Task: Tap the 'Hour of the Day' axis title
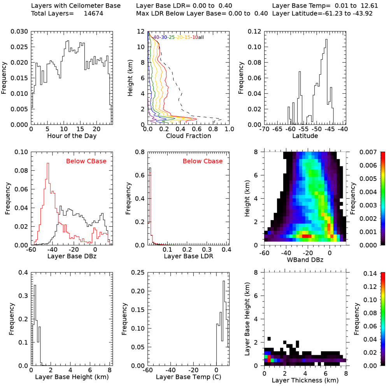72,136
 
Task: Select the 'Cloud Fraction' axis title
188,136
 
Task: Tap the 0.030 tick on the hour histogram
19,32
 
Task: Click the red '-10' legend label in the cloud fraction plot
195,37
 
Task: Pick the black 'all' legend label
202,37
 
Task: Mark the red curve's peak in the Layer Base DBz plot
48,163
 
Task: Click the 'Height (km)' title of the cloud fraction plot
131,78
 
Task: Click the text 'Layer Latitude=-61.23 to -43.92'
326,14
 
